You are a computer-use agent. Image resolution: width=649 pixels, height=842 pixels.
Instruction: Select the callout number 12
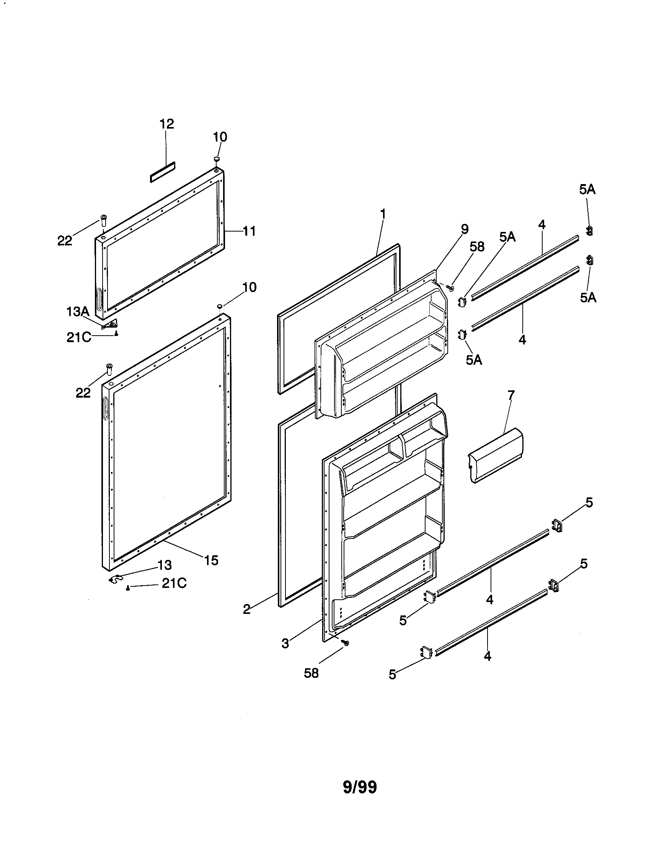tap(167, 124)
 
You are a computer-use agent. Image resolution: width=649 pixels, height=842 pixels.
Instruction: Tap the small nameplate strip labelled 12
tap(162, 171)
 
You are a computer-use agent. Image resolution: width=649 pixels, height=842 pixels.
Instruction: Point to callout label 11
tap(249, 231)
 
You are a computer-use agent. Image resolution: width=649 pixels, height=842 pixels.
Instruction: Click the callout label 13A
tap(78, 312)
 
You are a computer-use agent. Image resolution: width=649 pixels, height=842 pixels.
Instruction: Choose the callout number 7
tap(511, 395)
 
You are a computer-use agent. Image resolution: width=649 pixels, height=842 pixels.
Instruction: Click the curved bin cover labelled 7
tap(496, 455)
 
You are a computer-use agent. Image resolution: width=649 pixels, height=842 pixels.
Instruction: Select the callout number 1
tap(383, 213)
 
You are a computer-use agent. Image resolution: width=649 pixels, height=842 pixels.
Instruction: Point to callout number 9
tap(465, 229)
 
